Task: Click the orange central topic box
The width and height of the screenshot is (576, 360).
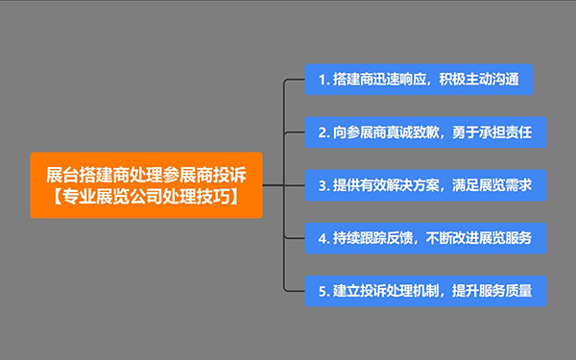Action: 146,184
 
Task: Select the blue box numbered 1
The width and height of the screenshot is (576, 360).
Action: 418,79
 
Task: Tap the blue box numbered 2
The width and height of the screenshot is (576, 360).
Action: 425,132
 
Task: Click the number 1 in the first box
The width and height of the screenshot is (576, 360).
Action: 320,79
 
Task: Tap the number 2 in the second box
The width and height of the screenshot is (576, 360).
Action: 320,132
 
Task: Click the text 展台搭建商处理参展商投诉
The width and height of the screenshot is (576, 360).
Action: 146,174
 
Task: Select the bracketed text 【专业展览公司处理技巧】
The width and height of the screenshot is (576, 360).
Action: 146,196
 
